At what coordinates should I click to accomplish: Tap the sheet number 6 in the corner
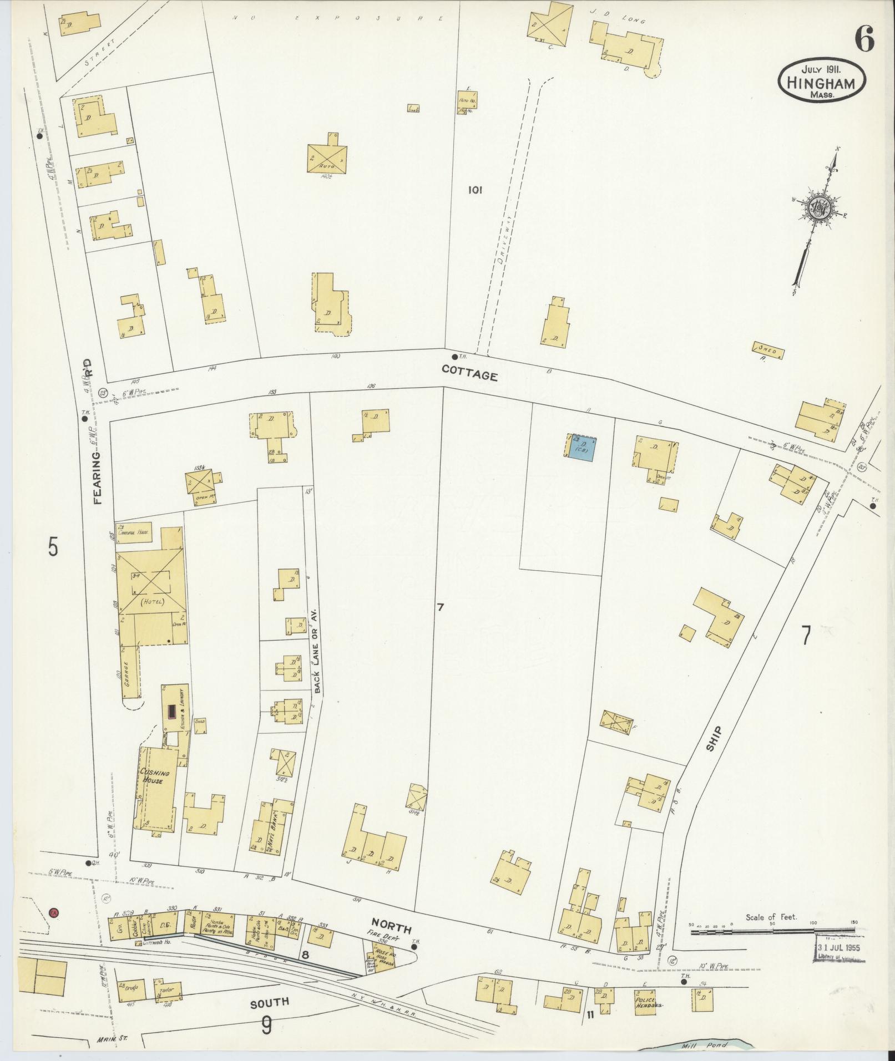tap(864, 39)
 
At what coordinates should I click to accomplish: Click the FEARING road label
tap(98, 477)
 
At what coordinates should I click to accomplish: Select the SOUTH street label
tap(269, 1002)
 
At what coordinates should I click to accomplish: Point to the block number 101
tap(475, 190)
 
